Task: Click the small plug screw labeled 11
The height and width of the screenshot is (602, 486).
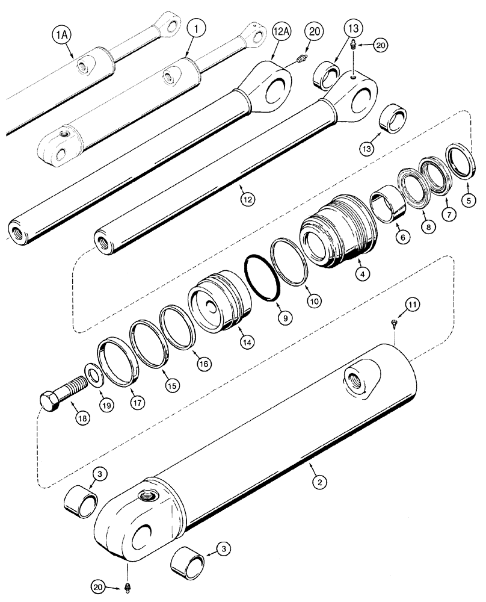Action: point(395,323)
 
